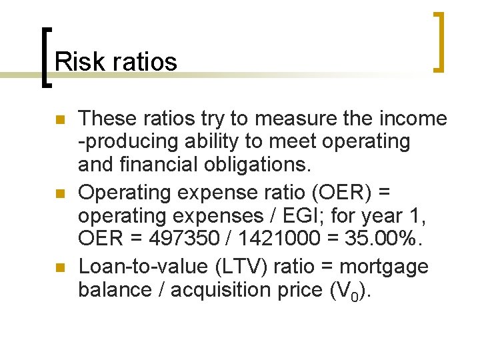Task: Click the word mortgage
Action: coord(384,267)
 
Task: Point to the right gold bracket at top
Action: coord(439,41)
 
